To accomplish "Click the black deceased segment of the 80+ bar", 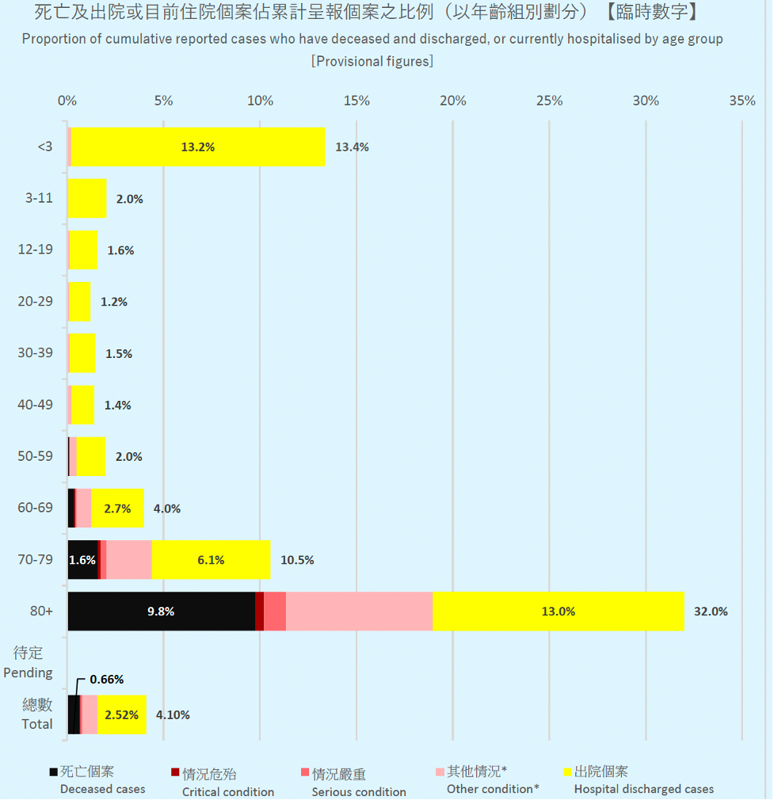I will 161,611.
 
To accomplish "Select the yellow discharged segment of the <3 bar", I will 198,147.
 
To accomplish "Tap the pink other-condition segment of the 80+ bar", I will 359,611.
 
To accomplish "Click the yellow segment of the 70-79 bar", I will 211,560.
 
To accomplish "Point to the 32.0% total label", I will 711,611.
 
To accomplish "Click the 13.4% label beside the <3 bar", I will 352,147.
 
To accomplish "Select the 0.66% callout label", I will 106,680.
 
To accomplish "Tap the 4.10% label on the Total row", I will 173,714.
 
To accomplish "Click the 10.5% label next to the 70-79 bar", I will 297,560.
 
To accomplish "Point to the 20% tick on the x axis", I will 453,101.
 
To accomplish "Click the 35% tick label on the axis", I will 742,101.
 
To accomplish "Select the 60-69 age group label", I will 35,508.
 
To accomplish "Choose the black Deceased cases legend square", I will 53,772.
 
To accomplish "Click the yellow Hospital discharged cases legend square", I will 566,772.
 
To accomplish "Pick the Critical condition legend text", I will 228,792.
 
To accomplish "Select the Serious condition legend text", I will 359,792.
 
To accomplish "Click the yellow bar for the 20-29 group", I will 79,302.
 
